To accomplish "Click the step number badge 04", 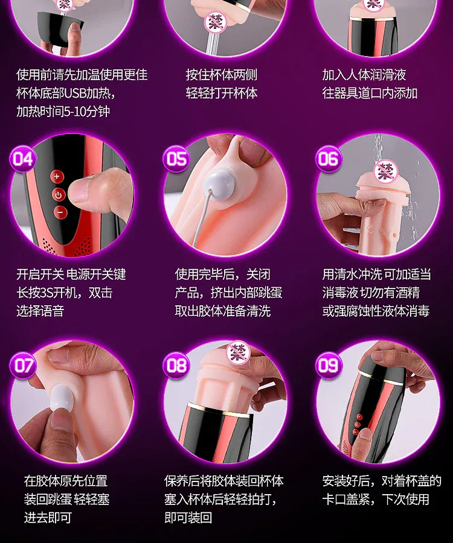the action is tap(23, 159).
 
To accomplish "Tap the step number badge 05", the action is tap(176, 159).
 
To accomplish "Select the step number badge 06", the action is tap(329, 159).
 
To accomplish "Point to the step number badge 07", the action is tap(23, 366).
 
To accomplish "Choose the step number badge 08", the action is tap(176, 366).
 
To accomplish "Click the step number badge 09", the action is tap(329, 366).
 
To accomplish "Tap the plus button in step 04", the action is tap(57, 176).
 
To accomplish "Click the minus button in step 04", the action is tap(60, 212).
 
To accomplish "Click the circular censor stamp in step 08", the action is tap(239, 353).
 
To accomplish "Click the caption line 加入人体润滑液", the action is tap(364, 75).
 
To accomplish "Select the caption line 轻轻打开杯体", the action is tap(222, 93).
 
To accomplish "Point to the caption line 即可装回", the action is tap(188, 518).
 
